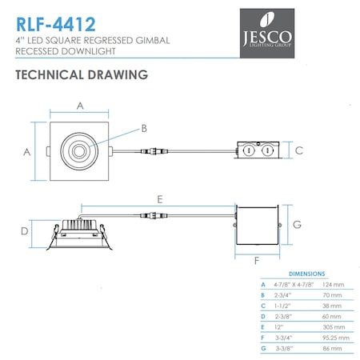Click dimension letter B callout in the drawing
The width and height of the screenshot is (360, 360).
[144, 128]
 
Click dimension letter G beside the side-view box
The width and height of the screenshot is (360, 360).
[296, 225]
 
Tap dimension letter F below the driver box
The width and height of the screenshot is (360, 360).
[256, 261]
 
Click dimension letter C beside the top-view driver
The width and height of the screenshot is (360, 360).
[298, 150]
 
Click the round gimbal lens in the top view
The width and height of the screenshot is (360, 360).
[80, 150]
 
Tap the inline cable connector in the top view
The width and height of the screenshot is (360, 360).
[150, 150]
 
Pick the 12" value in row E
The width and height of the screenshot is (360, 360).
[278, 328]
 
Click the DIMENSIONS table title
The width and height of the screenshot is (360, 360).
[306, 273]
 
